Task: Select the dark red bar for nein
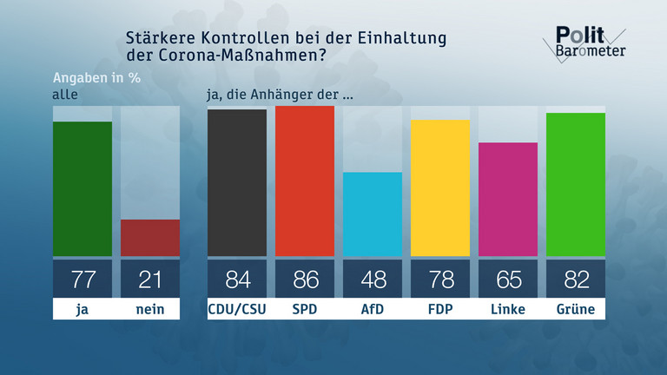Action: coord(150,238)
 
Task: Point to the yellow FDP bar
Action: coord(440,187)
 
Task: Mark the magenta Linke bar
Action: coord(508,199)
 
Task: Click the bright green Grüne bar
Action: coord(576,184)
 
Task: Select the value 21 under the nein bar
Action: coord(150,279)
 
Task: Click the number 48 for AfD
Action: coord(373,279)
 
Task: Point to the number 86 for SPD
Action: coord(305,279)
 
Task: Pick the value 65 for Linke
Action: coord(508,279)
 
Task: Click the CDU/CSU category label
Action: coord(236,308)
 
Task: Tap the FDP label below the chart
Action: coord(440,308)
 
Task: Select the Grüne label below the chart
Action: coord(576,308)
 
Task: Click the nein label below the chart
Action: coord(150,308)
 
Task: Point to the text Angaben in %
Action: coord(96,76)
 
